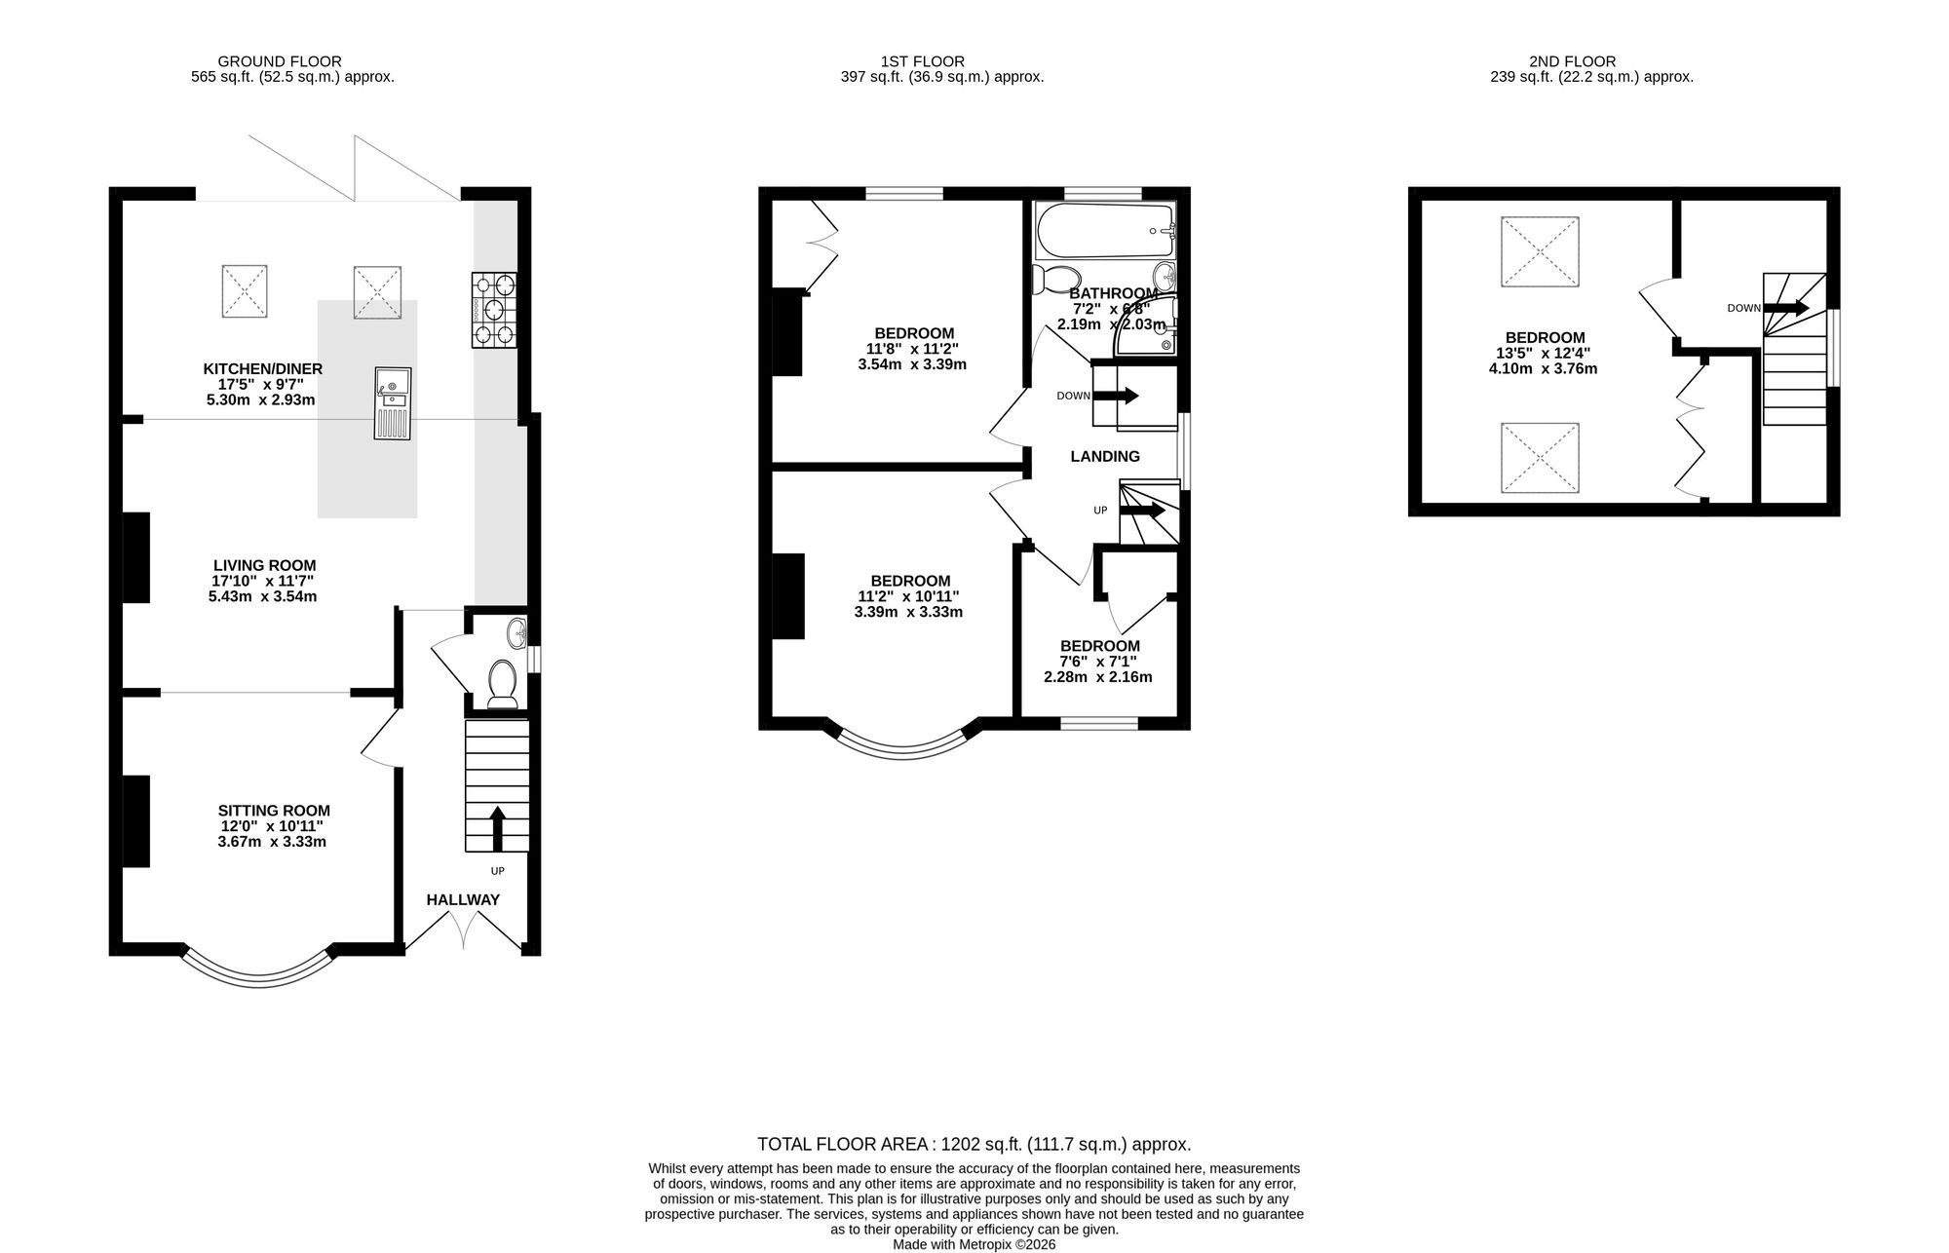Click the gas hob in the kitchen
click(495, 310)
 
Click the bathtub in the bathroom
click(1105, 231)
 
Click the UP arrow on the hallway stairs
click(498, 829)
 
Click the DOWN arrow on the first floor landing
click(1116, 396)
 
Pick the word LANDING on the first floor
click(1105, 456)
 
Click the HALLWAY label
click(463, 899)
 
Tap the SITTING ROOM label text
click(274, 811)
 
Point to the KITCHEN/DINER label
click(262, 369)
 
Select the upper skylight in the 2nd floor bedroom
click(1540, 251)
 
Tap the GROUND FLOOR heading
click(280, 61)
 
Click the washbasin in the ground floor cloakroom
click(516, 634)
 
